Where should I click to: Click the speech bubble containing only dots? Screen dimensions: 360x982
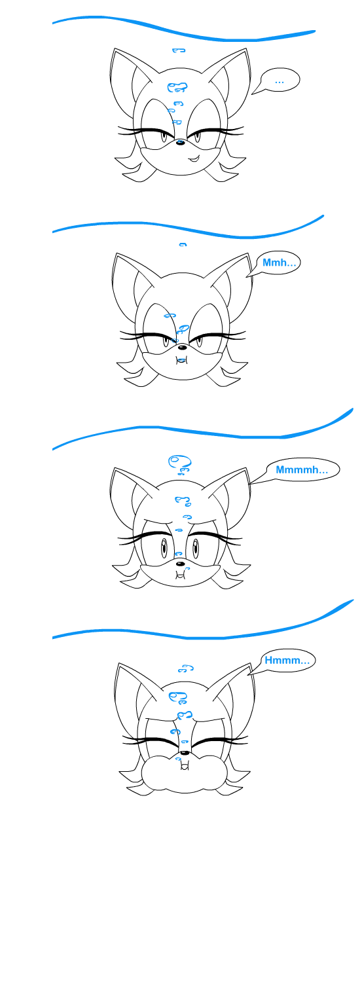[x=279, y=80]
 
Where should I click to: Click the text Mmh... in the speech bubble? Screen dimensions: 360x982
[x=279, y=263]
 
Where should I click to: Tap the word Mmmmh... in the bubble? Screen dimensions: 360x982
[x=302, y=470]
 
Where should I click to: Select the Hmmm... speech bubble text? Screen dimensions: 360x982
[x=287, y=660]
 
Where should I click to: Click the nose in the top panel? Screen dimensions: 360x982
[x=180, y=142]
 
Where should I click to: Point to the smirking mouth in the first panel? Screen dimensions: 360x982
[x=193, y=157]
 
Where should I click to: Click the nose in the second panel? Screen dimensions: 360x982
[x=181, y=348]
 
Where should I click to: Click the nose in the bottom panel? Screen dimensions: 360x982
[x=185, y=753]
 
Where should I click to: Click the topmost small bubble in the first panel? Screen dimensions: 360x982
[x=179, y=50]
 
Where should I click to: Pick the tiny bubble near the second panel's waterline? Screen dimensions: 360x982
[x=183, y=245]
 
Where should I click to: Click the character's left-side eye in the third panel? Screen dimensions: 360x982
[x=164, y=547]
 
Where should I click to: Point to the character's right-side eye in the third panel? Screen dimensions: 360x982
[x=195, y=547]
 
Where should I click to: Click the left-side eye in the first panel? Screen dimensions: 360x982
[x=164, y=136]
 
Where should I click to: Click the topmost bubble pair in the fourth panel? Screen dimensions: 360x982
[x=186, y=668]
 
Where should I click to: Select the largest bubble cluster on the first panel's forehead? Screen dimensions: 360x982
[x=177, y=87]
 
